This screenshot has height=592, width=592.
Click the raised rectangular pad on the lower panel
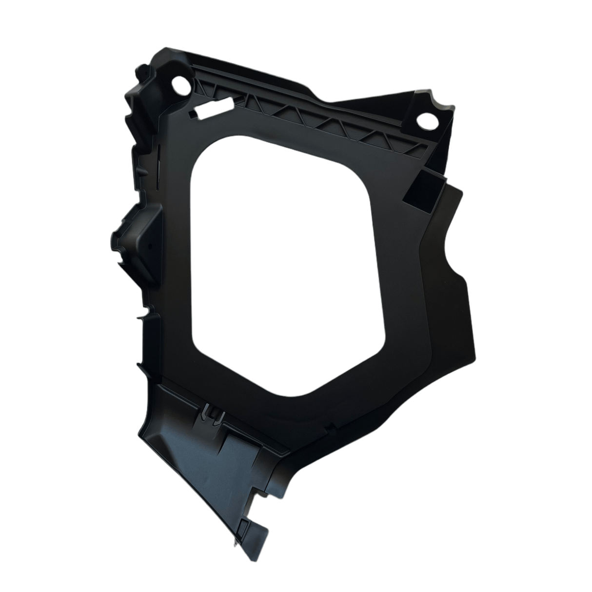[x=234, y=444]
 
